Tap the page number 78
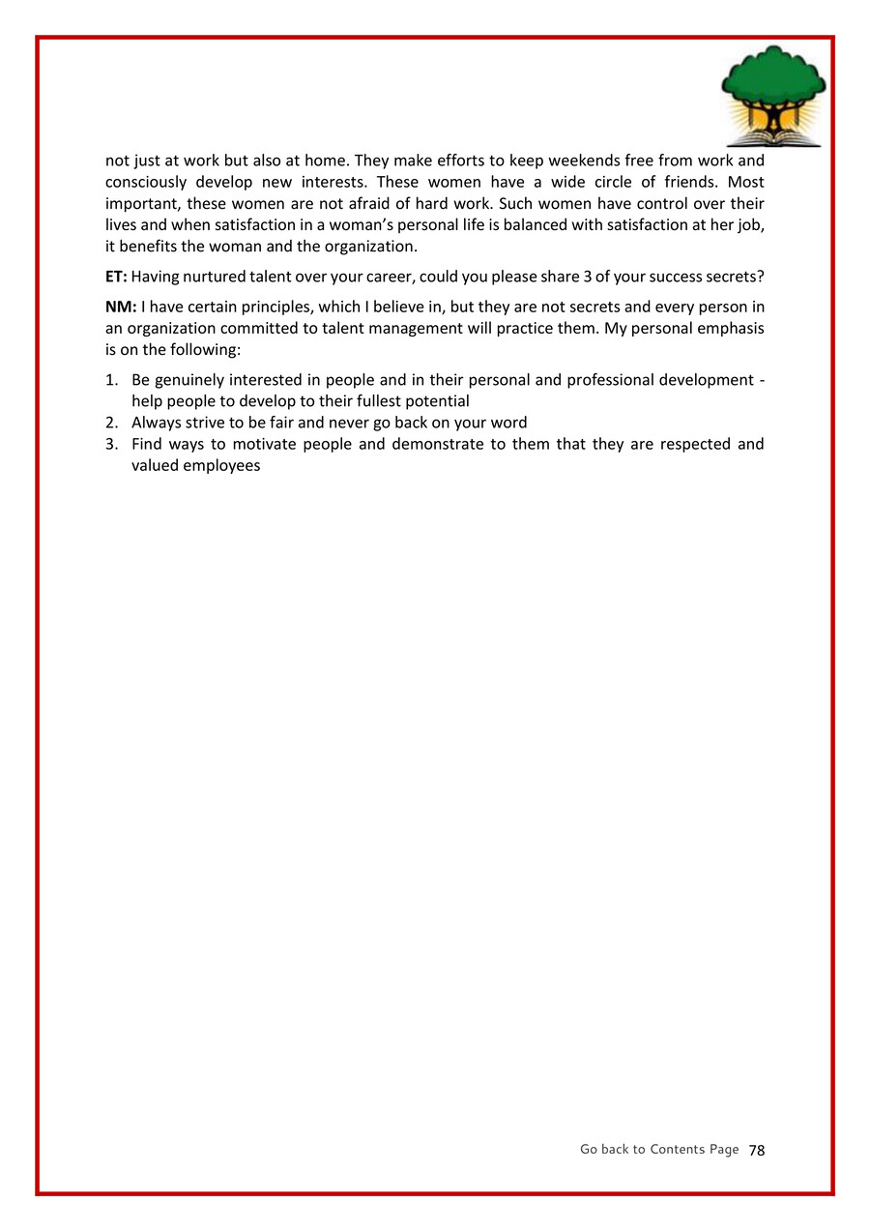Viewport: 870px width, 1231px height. click(x=757, y=1150)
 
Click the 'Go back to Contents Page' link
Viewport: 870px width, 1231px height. click(x=659, y=1149)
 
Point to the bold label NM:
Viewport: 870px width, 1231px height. click(x=121, y=307)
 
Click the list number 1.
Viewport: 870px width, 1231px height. click(x=111, y=380)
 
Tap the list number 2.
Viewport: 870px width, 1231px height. click(x=111, y=423)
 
